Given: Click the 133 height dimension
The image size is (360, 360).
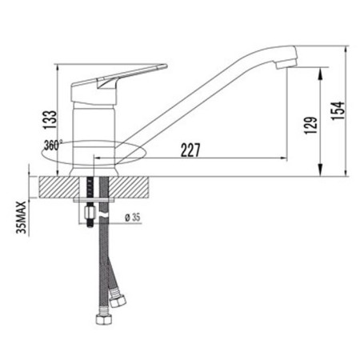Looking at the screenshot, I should pos(50,120).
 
